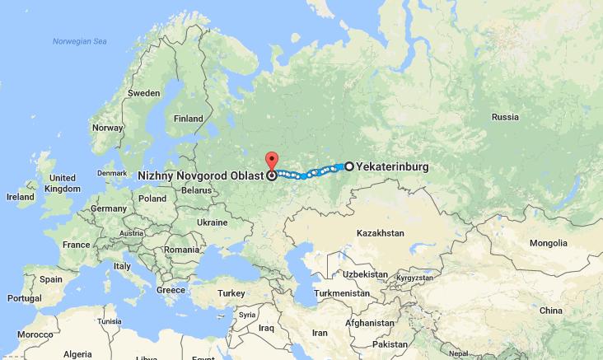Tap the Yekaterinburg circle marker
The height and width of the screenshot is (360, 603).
[349, 166]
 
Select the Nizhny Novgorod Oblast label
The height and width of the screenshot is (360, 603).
[201, 175]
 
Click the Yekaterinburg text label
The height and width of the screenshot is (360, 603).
[392, 166]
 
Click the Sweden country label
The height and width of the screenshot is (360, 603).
[144, 94]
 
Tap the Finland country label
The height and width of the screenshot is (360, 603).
[188, 119]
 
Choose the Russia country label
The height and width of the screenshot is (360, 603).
[505, 117]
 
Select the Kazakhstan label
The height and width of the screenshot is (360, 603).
[381, 233]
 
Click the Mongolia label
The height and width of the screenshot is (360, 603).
[549, 243]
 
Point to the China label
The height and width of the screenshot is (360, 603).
[551, 310]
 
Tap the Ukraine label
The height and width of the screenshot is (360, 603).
[212, 222]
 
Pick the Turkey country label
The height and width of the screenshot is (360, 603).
[231, 293]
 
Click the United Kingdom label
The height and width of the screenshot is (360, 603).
[63, 183]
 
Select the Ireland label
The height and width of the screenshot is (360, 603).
[21, 197]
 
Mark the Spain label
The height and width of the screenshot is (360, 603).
[51, 279]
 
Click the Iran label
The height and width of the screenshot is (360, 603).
[319, 333]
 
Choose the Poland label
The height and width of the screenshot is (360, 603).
[152, 199]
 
